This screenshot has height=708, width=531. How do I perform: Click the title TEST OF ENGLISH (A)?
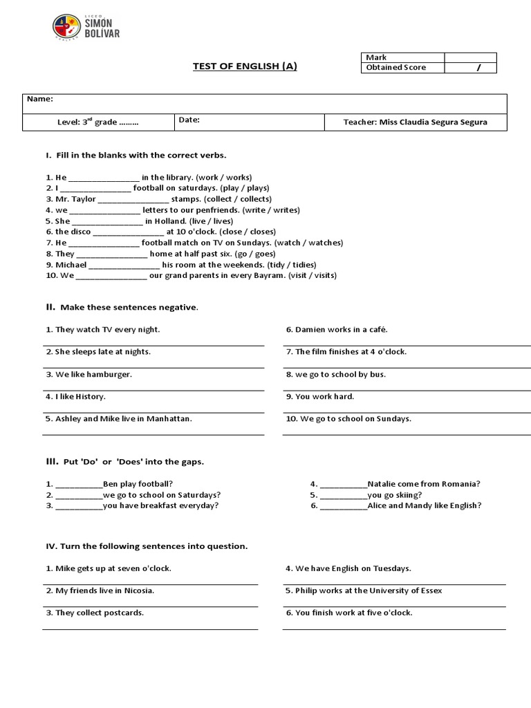[x=245, y=66]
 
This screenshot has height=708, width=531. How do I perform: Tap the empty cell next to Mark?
[x=470, y=57]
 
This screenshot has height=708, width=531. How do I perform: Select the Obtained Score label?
[x=396, y=68]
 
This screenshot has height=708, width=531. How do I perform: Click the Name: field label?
[x=40, y=100]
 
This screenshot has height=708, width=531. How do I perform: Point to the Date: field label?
[x=189, y=120]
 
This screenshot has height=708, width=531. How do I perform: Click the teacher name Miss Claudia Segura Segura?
[x=415, y=122]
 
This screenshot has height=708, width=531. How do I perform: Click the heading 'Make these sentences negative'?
[x=129, y=307]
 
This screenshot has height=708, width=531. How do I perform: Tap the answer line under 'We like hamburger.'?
[x=153, y=390]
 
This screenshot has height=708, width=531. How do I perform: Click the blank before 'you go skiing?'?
[x=344, y=495]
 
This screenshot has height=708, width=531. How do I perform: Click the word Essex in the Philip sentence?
[x=430, y=590]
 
